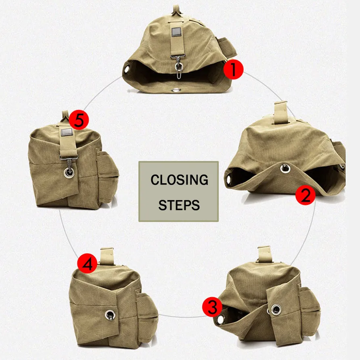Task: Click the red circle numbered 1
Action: [234, 69]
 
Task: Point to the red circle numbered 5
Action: [79, 120]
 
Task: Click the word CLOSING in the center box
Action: [179, 180]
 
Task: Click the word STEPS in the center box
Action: [179, 205]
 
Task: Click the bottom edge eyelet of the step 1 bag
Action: [176, 90]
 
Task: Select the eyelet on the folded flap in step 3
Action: [276, 310]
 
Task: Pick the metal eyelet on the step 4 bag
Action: [109, 314]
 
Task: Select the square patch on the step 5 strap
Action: [65, 132]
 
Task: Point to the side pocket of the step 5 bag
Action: [107, 174]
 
